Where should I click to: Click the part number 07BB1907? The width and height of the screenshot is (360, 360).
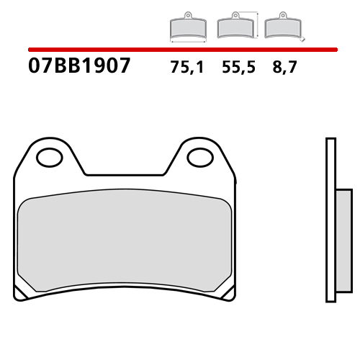[79, 67]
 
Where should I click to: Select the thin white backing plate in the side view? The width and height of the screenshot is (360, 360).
[330, 216]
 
